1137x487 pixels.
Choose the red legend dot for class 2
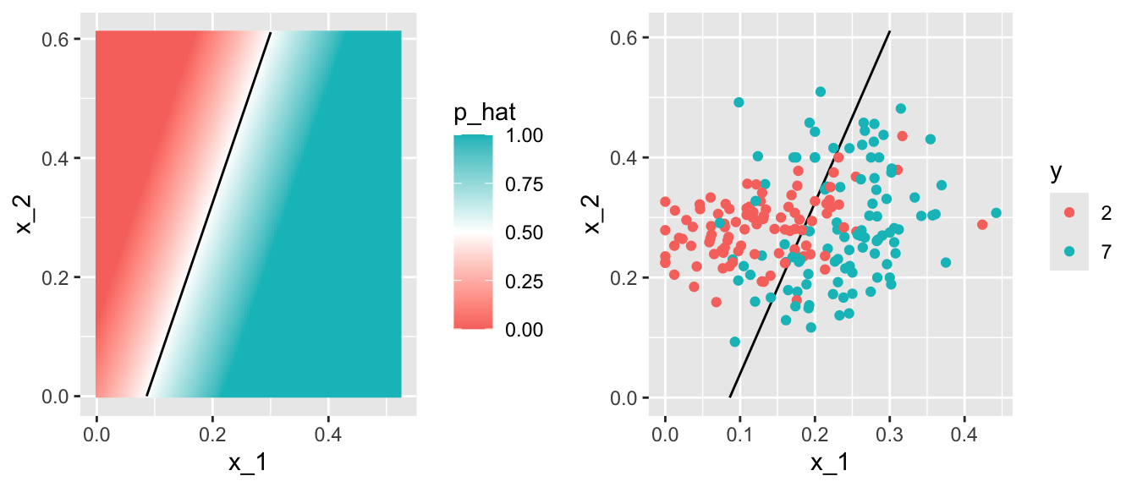(1068, 212)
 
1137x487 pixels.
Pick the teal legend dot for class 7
(1068, 251)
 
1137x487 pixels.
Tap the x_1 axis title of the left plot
(248, 462)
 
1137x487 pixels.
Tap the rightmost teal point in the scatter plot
(996, 213)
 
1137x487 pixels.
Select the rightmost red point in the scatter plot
(982, 225)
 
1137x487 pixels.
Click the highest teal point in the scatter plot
(820, 91)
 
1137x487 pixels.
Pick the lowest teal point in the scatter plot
(734, 342)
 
